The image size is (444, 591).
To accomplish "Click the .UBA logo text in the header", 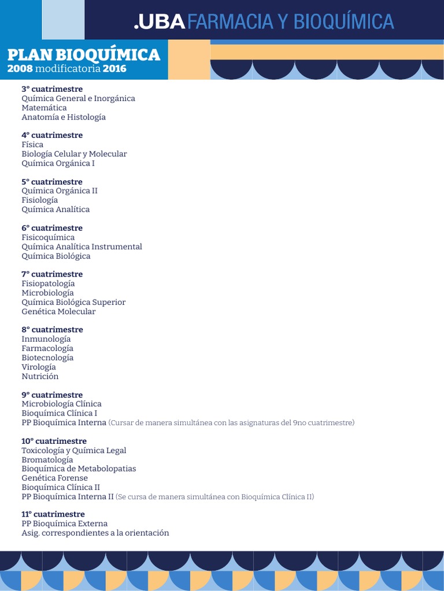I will click(x=160, y=21).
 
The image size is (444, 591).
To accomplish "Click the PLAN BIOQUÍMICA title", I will click(x=83, y=55).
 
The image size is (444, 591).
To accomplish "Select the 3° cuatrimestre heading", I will click(x=52, y=89).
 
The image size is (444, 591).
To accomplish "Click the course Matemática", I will click(x=44, y=107).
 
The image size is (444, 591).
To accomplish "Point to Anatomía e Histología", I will click(x=64, y=117).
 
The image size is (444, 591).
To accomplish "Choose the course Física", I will click(x=32, y=144).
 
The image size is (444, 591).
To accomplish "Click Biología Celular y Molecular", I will click(x=74, y=154).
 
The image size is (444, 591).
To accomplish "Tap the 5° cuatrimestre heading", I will click(x=52, y=182).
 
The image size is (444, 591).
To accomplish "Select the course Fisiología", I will click(x=39, y=200).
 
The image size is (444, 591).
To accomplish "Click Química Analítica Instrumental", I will click(x=82, y=246).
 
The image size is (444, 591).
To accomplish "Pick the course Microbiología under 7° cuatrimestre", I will click(x=47, y=293).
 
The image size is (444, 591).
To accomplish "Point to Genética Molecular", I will click(x=58, y=311).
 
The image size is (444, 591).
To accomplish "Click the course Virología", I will click(x=39, y=366).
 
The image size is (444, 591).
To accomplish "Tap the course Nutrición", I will click(x=40, y=376).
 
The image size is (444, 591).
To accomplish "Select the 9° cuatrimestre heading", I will click(x=52, y=395).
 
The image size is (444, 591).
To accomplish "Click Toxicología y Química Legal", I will click(x=73, y=450).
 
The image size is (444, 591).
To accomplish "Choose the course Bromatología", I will click(x=47, y=459).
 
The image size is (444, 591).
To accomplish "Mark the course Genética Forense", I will click(x=55, y=478).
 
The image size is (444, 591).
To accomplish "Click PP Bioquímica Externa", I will click(x=64, y=523).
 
